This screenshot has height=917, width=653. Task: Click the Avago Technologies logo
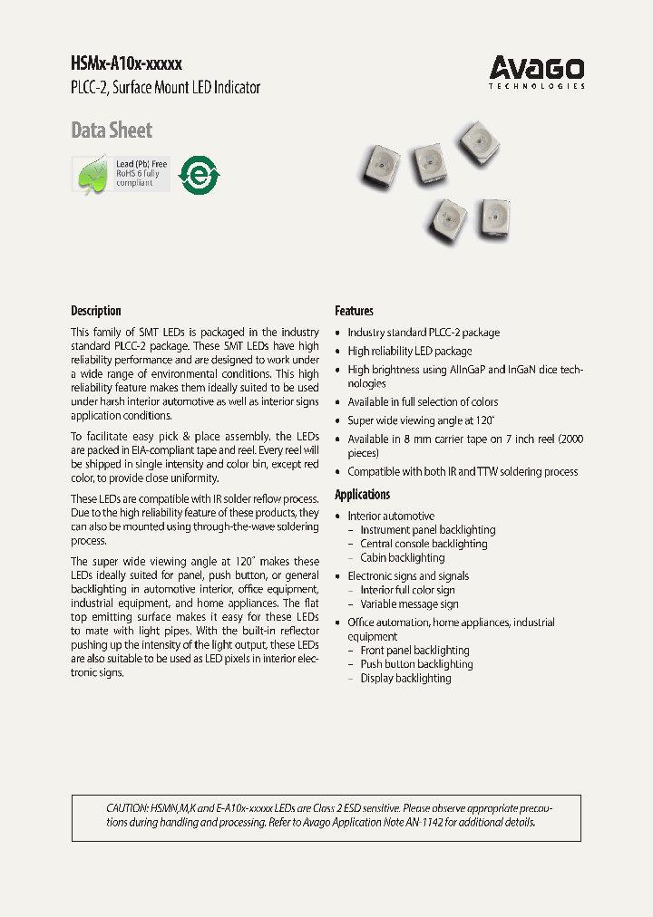(x=537, y=71)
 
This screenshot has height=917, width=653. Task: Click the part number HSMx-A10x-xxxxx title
(x=126, y=64)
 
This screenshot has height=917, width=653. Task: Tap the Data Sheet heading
(x=112, y=130)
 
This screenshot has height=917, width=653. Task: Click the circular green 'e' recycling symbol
(x=200, y=174)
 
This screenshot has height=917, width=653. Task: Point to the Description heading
(x=96, y=311)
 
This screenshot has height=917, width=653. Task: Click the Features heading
(x=354, y=311)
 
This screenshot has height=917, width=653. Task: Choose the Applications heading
(x=363, y=495)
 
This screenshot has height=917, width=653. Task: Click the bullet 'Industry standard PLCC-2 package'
(x=424, y=333)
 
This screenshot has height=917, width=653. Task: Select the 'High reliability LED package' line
(x=409, y=351)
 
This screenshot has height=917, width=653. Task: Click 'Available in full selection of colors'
(x=423, y=401)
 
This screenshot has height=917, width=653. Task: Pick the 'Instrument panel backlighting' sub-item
(x=427, y=530)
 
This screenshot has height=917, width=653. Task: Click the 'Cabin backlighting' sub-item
(x=402, y=558)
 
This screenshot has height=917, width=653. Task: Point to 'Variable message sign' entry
(x=409, y=604)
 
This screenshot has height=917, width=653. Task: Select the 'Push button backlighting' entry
(x=416, y=664)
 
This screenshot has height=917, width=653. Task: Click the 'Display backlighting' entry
(x=405, y=679)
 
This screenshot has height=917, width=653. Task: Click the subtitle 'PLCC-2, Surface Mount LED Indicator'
(x=165, y=88)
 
